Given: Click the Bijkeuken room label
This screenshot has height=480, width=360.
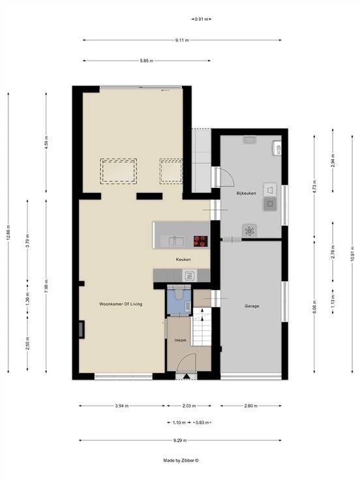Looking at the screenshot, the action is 246,194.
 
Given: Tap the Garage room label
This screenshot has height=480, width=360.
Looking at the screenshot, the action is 252,306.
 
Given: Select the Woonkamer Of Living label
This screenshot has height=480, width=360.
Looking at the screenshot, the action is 121,304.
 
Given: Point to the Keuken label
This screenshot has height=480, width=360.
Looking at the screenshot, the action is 183,260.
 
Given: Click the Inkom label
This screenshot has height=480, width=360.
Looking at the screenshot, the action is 180,340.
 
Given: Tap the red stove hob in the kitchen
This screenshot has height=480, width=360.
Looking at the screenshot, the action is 200,241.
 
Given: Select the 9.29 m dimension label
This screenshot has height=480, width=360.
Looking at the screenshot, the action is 180,440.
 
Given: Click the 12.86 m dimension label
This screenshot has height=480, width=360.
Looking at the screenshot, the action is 8,233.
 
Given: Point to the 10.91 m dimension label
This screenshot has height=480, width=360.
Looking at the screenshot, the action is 352,254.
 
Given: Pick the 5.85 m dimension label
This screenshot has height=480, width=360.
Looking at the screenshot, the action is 146,61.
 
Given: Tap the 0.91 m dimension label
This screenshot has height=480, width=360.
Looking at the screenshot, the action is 202,19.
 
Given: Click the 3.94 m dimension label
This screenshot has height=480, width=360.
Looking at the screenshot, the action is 122,406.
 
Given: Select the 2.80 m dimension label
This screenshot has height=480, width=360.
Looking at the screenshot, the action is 250,406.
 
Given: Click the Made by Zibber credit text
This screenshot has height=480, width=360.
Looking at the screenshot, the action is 181,460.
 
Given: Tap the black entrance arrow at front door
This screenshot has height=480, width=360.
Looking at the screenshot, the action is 186,376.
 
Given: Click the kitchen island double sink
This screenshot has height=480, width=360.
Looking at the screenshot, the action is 175,241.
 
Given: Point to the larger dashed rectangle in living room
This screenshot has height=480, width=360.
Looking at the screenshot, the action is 119,171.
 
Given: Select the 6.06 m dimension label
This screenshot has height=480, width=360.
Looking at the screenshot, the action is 314,307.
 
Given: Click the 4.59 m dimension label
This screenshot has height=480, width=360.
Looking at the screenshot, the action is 46,142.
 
